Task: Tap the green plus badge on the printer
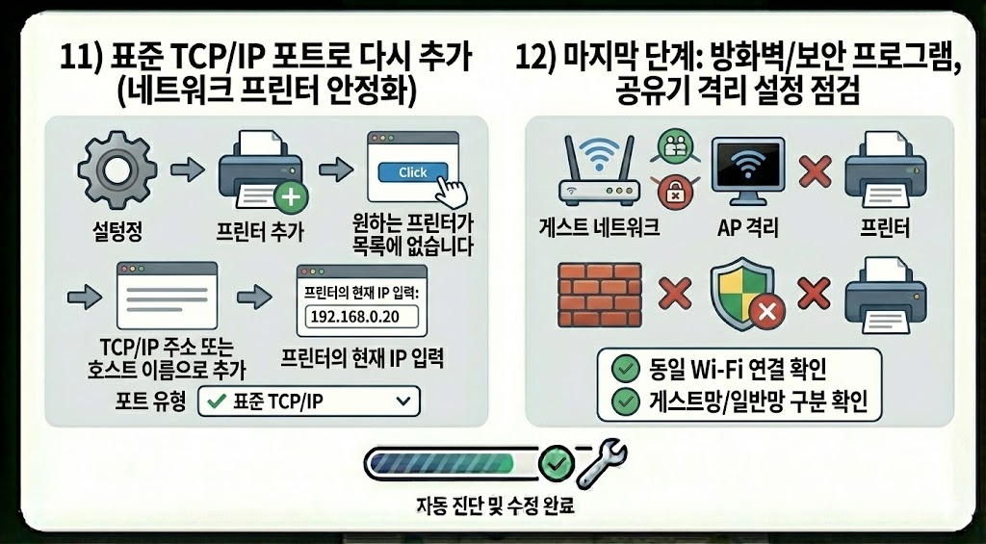tap(290, 199)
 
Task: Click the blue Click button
tap(412, 172)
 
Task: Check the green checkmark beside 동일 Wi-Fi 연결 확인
tap(627, 367)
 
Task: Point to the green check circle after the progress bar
tap(556, 463)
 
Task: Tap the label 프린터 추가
tap(262, 232)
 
